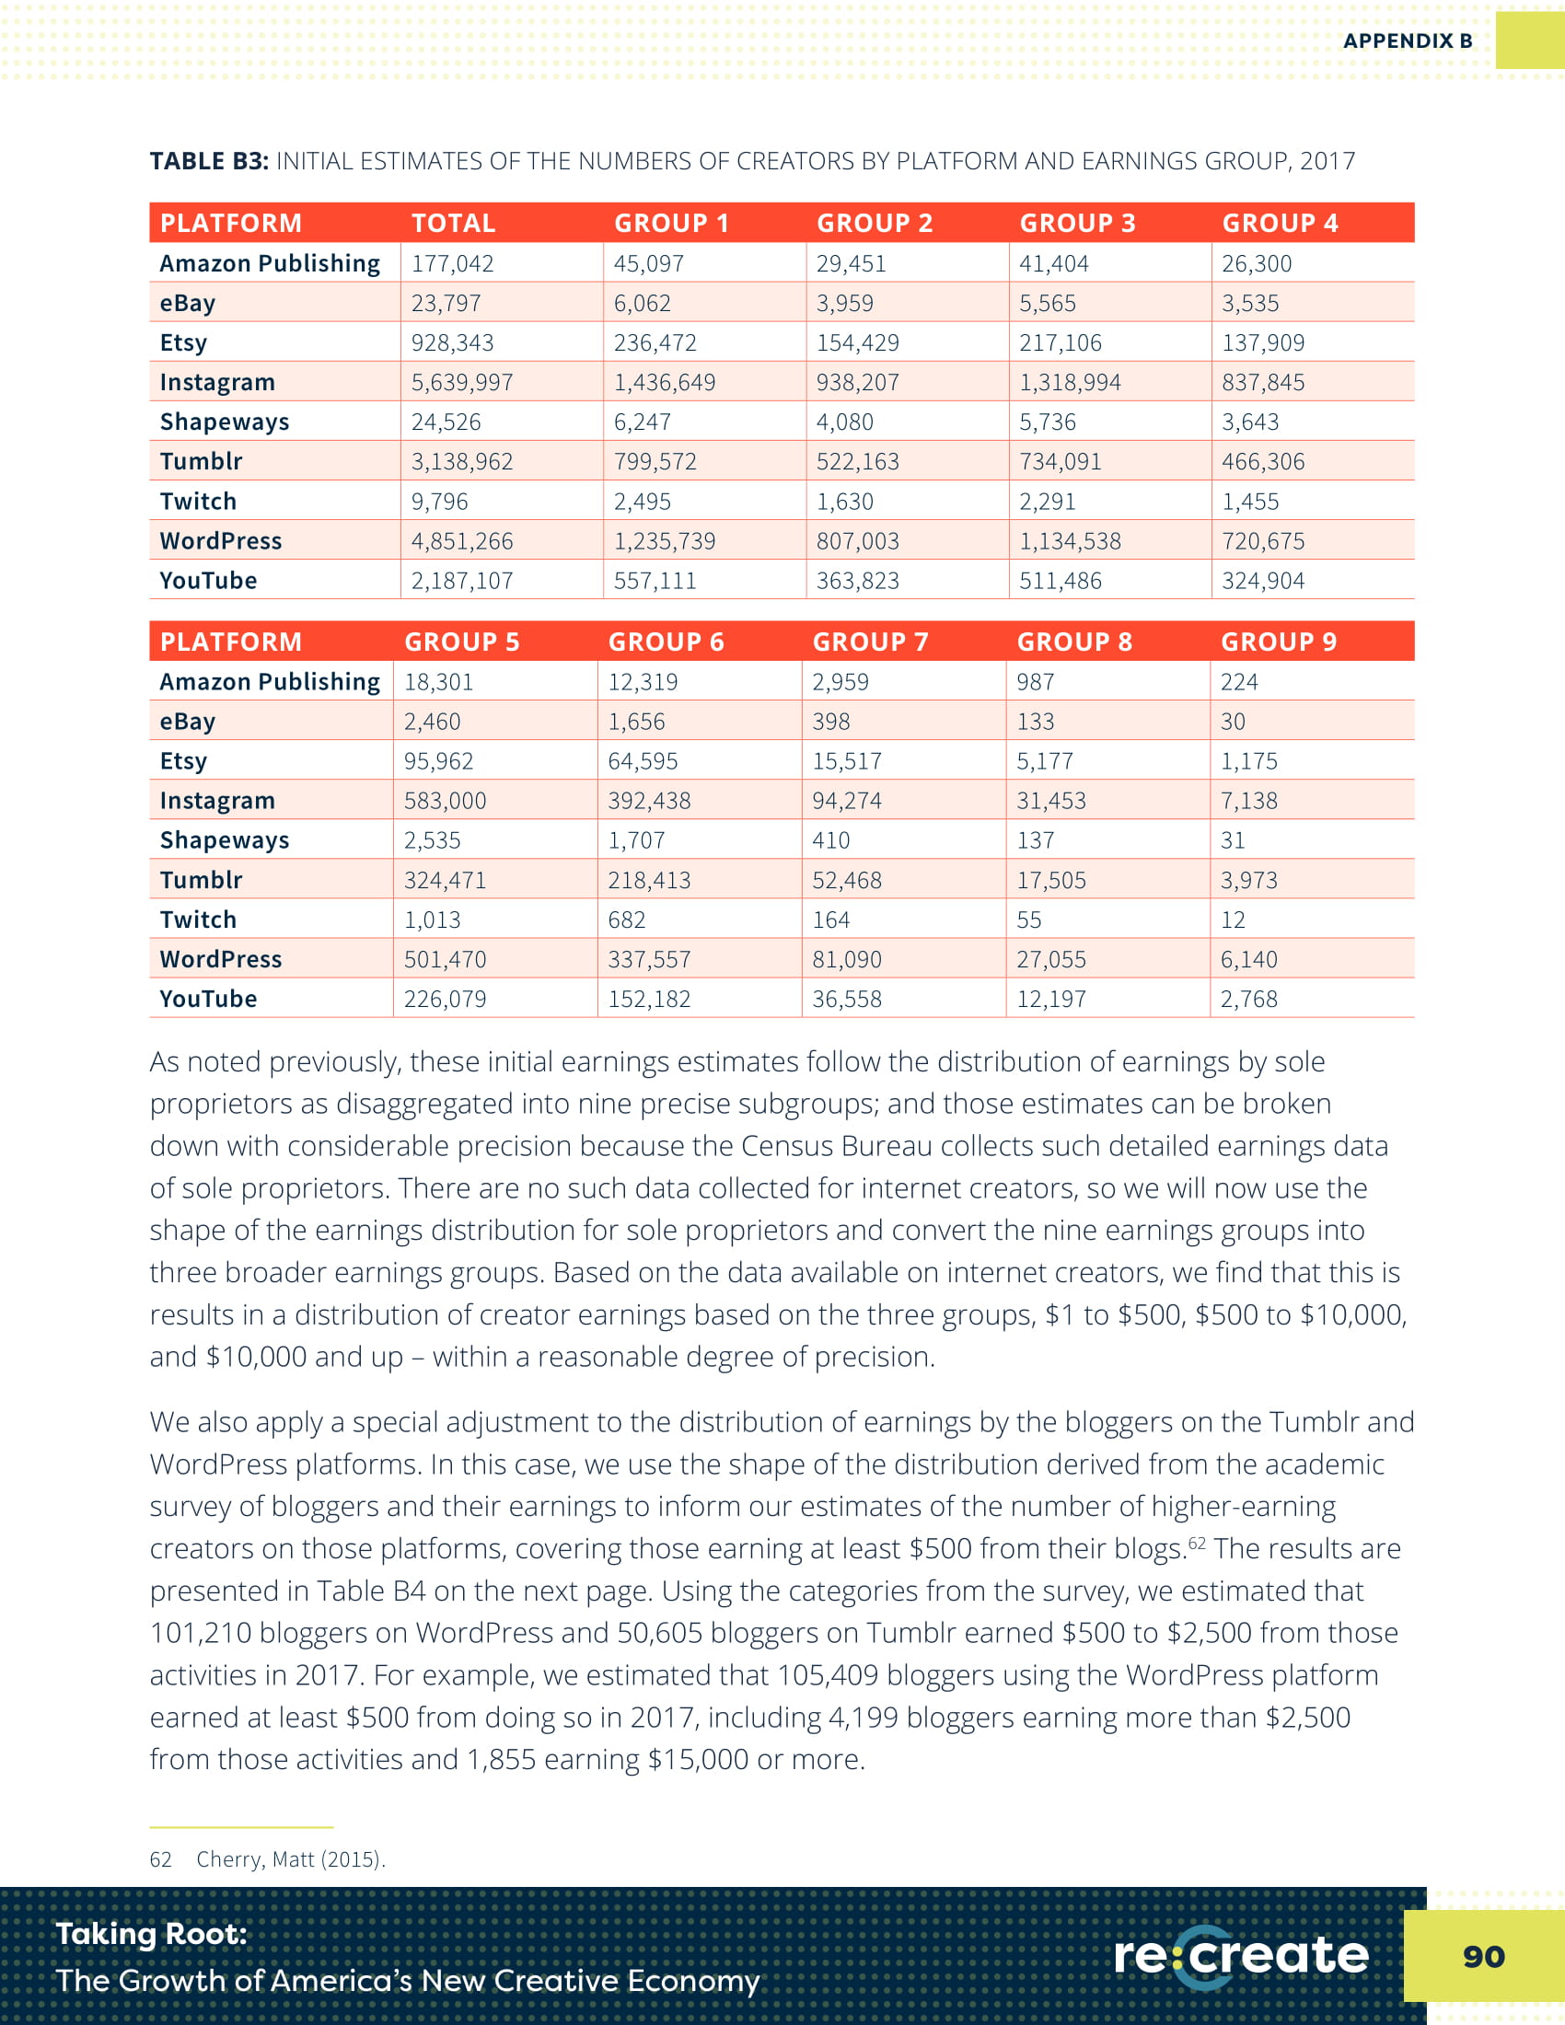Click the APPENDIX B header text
click(1407, 40)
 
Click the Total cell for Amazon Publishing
click(452, 263)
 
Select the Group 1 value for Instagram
click(664, 382)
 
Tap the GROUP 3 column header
click(1076, 224)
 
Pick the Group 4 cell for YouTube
click(1262, 581)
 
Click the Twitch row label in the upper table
click(198, 502)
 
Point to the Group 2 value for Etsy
click(857, 343)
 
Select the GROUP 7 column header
click(870, 642)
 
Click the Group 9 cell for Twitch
click(1232, 920)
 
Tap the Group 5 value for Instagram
click(444, 800)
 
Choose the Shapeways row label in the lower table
click(225, 840)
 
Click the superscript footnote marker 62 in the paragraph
click(1197, 1543)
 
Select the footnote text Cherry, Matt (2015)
click(290, 1859)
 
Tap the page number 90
click(1482, 1955)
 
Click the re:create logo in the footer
click(1241, 1955)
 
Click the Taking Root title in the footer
click(152, 1933)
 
